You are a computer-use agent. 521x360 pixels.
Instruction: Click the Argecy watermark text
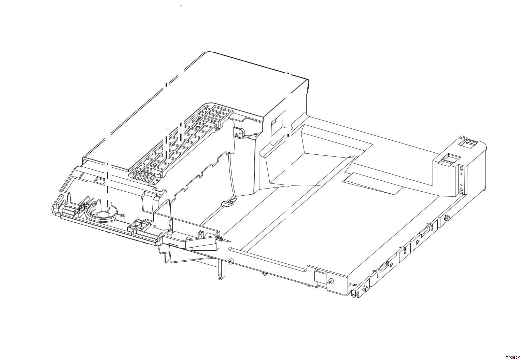[512, 357]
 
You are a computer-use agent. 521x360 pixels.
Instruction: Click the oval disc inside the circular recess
[102, 214]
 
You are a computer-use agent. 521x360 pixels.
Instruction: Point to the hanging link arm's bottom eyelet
[220, 277]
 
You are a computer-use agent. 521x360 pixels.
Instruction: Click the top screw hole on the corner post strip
[461, 169]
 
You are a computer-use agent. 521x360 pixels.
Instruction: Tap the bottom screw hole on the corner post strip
[461, 190]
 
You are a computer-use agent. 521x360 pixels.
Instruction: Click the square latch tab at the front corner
[320, 275]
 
